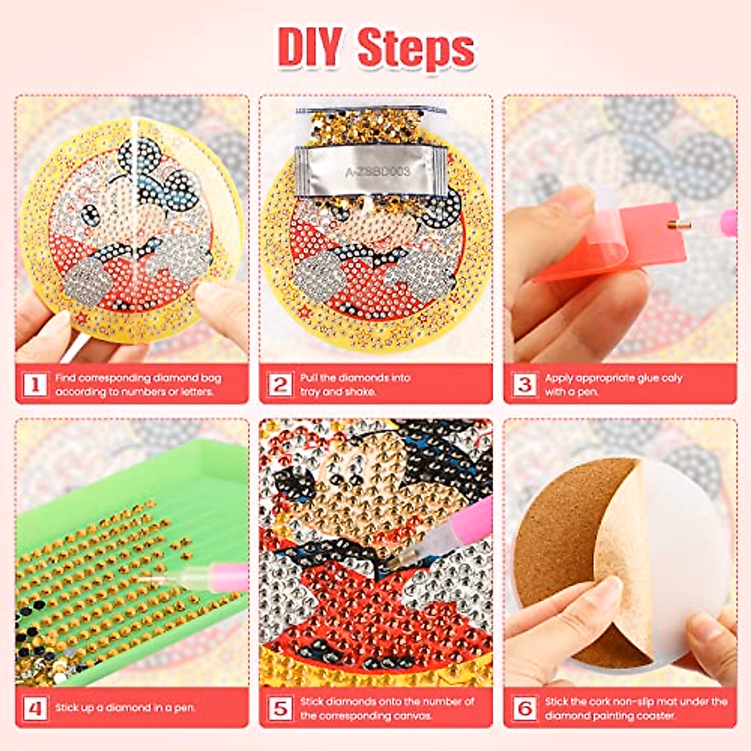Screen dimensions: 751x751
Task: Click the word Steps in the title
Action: [416, 49]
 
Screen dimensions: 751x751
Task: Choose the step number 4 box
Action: [35, 708]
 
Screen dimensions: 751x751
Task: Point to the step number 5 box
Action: [280, 708]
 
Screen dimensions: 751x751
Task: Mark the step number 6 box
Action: [524, 708]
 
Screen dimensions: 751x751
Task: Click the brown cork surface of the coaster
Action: [557, 551]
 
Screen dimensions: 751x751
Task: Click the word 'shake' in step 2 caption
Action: [360, 392]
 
